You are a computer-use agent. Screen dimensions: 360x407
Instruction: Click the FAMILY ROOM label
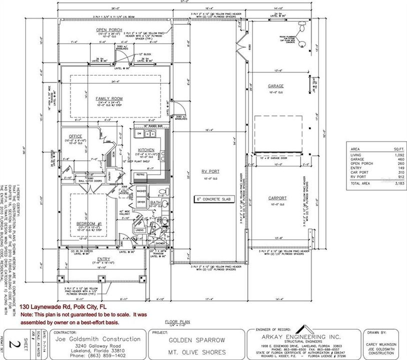pos(109,98)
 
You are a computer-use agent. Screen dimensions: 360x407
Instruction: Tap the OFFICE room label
pos(75,136)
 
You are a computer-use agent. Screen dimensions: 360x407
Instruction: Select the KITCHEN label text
pos(145,150)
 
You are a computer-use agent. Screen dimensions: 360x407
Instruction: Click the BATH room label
pos(156,202)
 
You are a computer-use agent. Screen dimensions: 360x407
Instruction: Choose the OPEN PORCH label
pos(109,30)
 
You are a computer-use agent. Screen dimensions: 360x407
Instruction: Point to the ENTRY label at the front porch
pos(103,258)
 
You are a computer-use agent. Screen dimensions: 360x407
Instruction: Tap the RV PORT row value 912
pos(390,177)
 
